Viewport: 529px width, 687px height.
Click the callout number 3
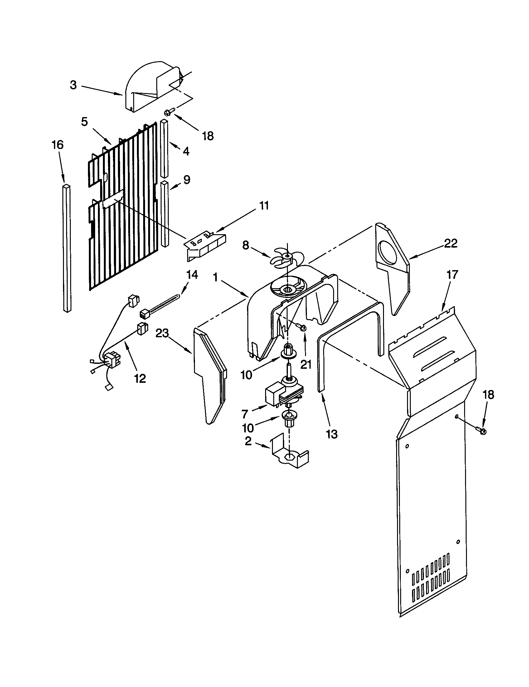73,85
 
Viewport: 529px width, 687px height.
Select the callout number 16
58,145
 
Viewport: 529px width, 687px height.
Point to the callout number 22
451,243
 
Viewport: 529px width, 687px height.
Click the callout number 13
332,434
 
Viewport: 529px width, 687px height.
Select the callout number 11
264,206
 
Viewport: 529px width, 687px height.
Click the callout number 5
84,122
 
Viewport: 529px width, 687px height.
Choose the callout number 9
187,180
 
